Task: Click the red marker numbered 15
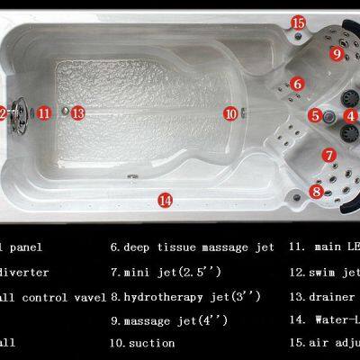pos(298,22)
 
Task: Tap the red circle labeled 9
pos(336,54)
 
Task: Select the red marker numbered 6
pos(296,84)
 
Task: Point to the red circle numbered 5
pos(314,115)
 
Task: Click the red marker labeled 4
pos(350,115)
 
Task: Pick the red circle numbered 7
pos(330,155)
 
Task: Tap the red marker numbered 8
pos(316,191)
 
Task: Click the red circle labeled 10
pos(230,114)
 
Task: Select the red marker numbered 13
pos(78,113)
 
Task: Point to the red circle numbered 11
pos(44,112)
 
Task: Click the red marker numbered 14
pos(165,201)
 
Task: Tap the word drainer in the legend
pos(335,295)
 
